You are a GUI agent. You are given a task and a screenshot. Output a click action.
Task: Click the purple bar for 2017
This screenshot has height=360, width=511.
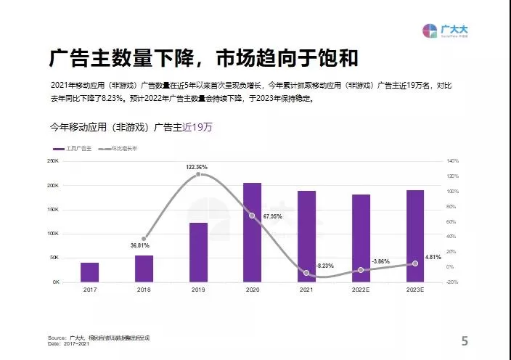click(x=89, y=272)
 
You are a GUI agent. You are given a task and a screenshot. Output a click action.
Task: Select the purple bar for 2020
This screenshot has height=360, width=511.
click(x=252, y=232)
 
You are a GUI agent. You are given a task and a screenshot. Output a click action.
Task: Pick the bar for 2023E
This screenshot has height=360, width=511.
click(x=415, y=236)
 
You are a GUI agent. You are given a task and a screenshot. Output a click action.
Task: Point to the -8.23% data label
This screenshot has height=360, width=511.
click(x=324, y=266)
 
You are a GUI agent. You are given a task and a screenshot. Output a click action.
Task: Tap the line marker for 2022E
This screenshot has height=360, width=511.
click(x=361, y=270)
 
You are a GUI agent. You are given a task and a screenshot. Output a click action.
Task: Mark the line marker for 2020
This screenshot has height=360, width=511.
click(x=252, y=216)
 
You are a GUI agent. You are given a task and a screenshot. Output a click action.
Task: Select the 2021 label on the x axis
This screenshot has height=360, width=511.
click(x=306, y=290)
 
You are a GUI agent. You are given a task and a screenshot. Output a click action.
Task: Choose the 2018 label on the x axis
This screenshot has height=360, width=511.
click(x=144, y=290)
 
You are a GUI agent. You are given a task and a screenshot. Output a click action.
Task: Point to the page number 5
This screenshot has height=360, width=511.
click(x=465, y=340)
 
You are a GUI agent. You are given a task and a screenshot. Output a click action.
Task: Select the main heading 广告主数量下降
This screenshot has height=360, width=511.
click(x=117, y=58)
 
